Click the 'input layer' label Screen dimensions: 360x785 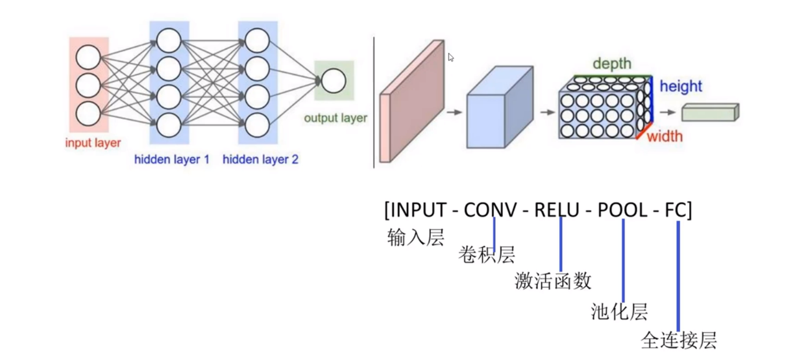pyautogui.click(x=93, y=143)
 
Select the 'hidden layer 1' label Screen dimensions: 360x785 pyautogui.click(x=172, y=160)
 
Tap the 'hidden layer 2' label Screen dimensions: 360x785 pyautogui.click(x=260, y=160)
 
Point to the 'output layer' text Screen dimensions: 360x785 pyautogui.click(x=335, y=118)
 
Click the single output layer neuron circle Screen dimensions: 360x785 pyautogui.click(x=333, y=81)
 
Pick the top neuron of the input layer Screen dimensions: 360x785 pyautogui.click(x=88, y=58)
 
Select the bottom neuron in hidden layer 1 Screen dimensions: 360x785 pyautogui.click(x=169, y=124)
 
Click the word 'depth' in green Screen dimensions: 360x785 pyautogui.click(x=612, y=64)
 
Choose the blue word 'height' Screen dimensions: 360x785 pyautogui.click(x=680, y=87)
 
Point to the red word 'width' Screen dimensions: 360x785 pyautogui.click(x=664, y=137)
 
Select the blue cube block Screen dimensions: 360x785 pyautogui.click(x=499, y=107)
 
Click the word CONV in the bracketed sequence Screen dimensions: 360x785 pyautogui.click(x=490, y=210)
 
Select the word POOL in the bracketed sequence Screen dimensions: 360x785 pyautogui.click(x=622, y=210)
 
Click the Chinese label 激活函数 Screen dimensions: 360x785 pyautogui.click(x=553, y=281)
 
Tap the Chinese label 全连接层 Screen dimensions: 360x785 pyautogui.click(x=679, y=341)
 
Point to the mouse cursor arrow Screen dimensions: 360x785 pyautogui.click(x=451, y=58)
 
